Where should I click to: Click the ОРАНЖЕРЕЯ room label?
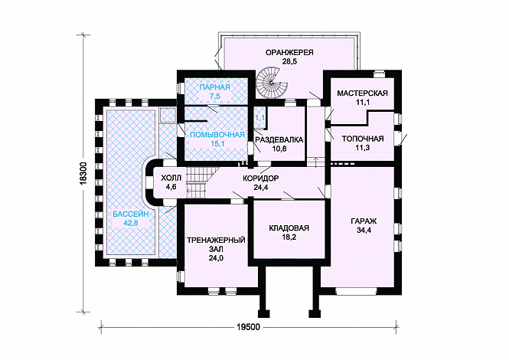click(290, 51)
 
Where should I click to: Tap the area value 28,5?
click(290, 61)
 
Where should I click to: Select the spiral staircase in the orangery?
click(270, 80)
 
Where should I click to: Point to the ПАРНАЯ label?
click(214, 87)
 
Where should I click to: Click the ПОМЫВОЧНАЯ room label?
click(216, 133)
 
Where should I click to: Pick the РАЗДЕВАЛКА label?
click(279, 139)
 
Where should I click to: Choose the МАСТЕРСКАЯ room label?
click(363, 93)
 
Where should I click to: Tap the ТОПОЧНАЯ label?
click(362, 139)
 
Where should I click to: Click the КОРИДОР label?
click(260, 178)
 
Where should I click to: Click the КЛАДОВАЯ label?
click(288, 227)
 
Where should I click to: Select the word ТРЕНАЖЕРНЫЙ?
click(216, 240)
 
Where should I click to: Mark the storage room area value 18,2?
click(289, 237)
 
